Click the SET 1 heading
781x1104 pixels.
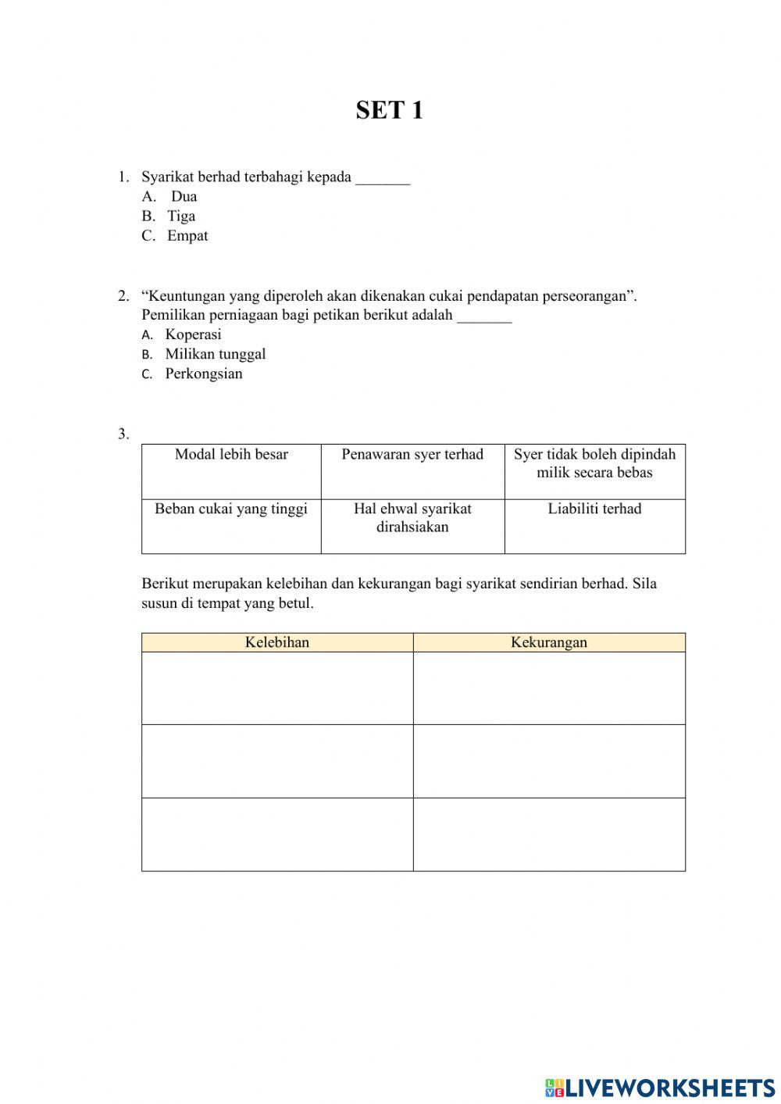pyautogui.click(x=389, y=110)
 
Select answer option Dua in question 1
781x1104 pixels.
pyautogui.click(x=184, y=197)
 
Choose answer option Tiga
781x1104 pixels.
pyautogui.click(x=181, y=216)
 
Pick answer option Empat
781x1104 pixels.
pyautogui.click(x=187, y=236)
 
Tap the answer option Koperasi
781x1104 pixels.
pyautogui.click(x=193, y=334)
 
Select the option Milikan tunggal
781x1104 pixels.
pyautogui.click(x=215, y=354)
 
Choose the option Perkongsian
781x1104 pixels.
pyautogui.click(x=203, y=373)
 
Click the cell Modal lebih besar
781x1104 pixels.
pyautogui.click(x=231, y=455)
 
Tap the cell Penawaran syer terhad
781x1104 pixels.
pyautogui.click(x=412, y=455)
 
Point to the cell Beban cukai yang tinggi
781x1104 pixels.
pyautogui.click(x=231, y=509)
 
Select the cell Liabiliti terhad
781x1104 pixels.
pyautogui.click(x=594, y=509)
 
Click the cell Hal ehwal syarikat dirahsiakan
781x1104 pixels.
pyautogui.click(x=412, y=518)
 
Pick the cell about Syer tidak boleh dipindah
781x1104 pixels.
pyautogui.click(x=594, y=463)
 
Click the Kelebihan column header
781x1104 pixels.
pyautogui.click(x=277, y=642)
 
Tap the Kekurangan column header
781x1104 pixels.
pyautogui.click(x=549, y=642)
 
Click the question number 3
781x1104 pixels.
pyautogui.click(x=123, y=434)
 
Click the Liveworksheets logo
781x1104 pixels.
pyautogui.click(x=660, y=1087)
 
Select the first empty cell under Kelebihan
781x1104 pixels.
pyautogui.click(x=277, y=688)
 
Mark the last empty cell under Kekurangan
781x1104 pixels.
pyautogui.click(x=549, y=834)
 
